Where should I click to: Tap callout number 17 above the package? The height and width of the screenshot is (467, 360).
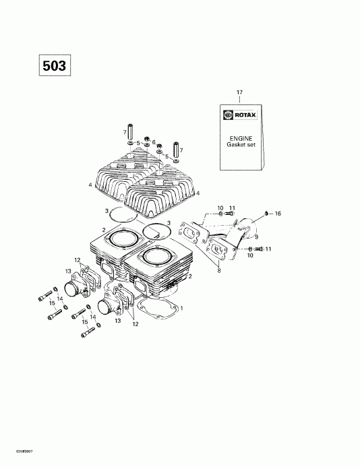[238, 91]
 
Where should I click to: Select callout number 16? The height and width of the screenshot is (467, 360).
[278, 213]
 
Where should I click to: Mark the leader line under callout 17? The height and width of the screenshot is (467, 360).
[238, 98]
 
